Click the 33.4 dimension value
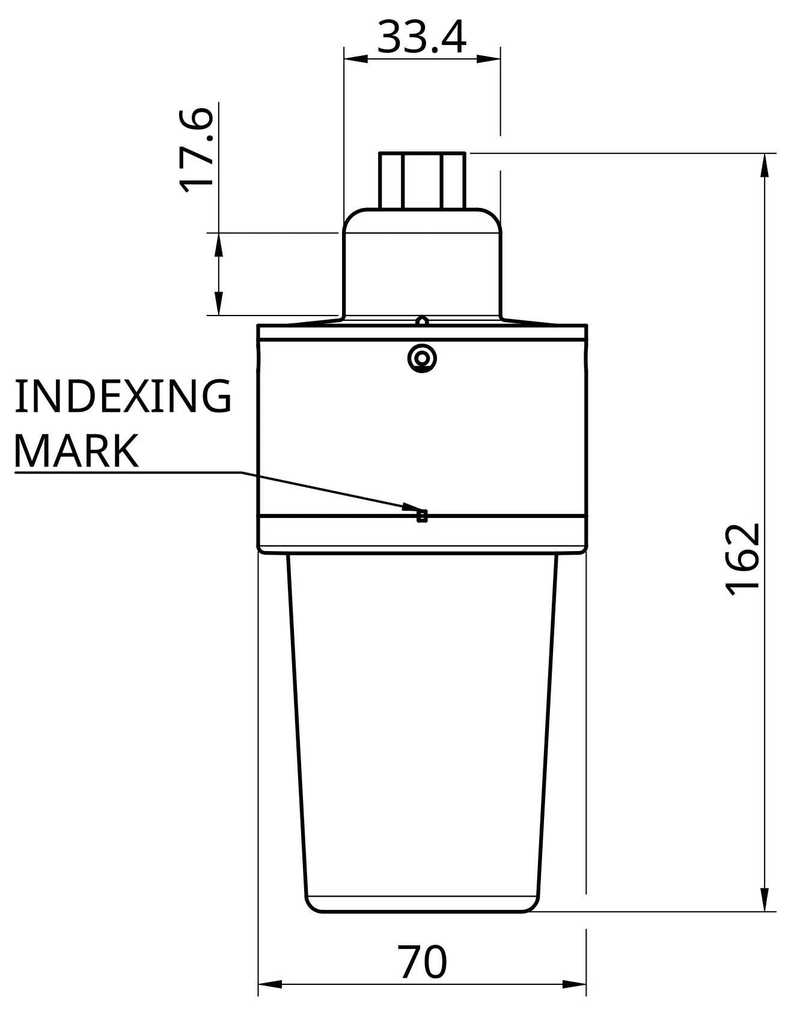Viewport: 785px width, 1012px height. (422, 37)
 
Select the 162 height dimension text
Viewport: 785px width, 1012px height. (743, 560)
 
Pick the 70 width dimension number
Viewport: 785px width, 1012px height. (423, 962)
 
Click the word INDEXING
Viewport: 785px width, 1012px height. (123, 396)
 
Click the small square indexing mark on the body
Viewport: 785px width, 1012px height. (422, 516)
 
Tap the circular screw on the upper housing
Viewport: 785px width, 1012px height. (422, 359)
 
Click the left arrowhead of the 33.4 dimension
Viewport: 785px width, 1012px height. (355, 59)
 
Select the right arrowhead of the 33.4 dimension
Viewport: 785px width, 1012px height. (488, 59)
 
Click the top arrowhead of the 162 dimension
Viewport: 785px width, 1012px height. (765, 165)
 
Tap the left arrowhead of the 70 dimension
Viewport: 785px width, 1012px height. (270, 984)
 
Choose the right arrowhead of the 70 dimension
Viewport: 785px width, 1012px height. (574, 984)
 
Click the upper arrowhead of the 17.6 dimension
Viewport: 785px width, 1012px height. (219, 244)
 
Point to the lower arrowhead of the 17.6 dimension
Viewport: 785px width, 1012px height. (219, 303)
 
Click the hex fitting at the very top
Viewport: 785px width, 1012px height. (422, 180)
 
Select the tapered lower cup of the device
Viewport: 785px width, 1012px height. (422, 721)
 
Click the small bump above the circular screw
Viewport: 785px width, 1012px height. (422, 320)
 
